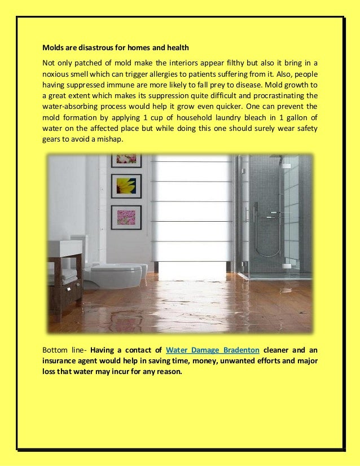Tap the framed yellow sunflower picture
[126, 186]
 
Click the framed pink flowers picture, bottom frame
[126, 217]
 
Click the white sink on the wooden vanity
[64, 247]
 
